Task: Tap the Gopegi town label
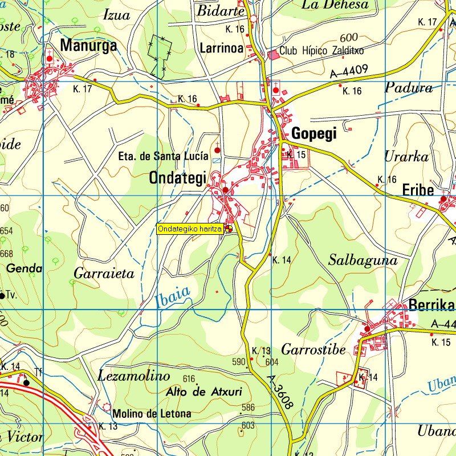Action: tap(314, 134)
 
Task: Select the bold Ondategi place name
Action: tap(177, 178)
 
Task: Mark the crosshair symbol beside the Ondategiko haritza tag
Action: tap(229, 229)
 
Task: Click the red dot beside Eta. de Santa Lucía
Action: tap(217, 150)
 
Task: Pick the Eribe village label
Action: tap(418, 190)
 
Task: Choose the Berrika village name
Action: tap(431, 306)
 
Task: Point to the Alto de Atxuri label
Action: tap(204, 392)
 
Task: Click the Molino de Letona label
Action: tap(152, 414)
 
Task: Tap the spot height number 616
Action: tap(189, 379)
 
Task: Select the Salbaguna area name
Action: tap(363, 260)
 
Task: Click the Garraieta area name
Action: tap(104, 274)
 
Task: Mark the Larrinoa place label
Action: tap(222, 48)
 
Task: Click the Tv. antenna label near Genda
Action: tap(10, 295)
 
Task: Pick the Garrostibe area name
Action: tap(313, 349)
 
